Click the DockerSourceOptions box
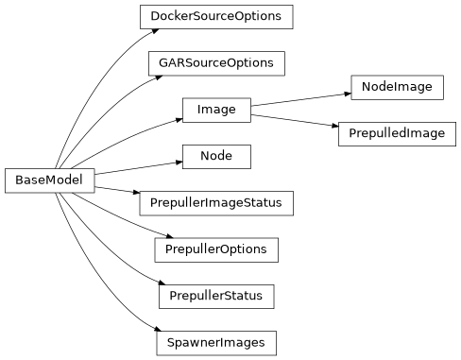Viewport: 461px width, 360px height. pyautogui.click(x=216, y=17)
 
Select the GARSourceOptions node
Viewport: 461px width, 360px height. pyautogui.click(x=216, y=63)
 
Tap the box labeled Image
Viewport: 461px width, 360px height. pyautogui.click(x=216, y=110)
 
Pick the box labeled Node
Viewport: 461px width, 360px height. pyautogui.click(x=216, y=156)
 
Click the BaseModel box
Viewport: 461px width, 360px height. pyautogui.click(x=50, y=180)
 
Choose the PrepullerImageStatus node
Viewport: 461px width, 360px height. pyautogui.click(x=216, y=202)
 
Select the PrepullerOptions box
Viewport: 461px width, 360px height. pyautogui.click(x=216, y=249)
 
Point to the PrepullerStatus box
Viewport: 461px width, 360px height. pyautogui.click(x=216, y=296)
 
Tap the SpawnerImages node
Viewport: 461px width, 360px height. pyautogui.click(x=216, y=342)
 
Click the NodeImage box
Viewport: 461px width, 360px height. pyautogui.click(x=397, y=87)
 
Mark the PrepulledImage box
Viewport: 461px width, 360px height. pyautogui.click(x=397, y=133)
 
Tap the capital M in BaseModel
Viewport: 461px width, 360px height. pyautogui.click(x=48, y=180)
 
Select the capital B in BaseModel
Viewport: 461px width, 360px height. pyautogui.click(x=18, y=180)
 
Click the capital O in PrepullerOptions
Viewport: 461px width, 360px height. pyautogui.click(x=222, y=249)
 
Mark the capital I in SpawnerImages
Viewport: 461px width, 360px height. pyautogui.click(x=222, y=342)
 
